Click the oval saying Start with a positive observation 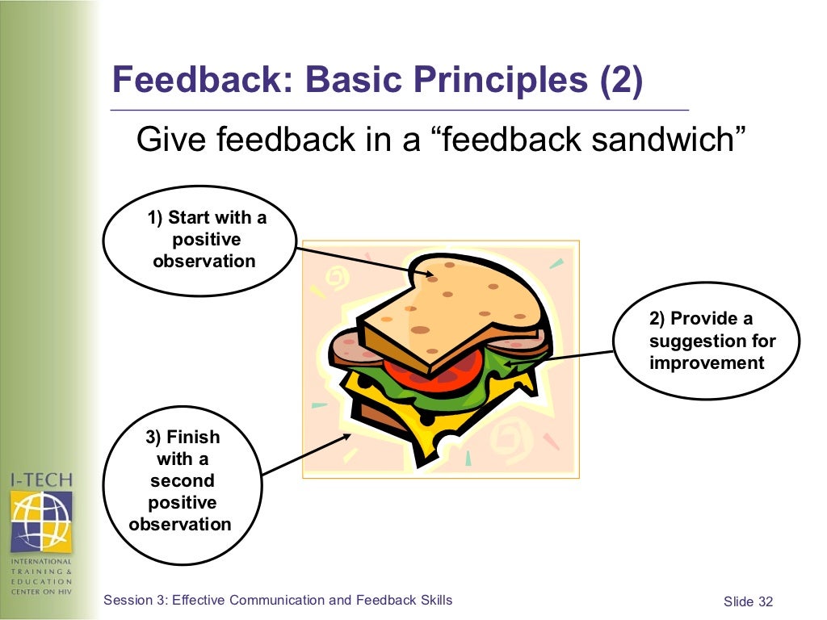pos(199,240)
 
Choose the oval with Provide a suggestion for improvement pos(706,341)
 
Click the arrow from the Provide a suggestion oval pos(557,358)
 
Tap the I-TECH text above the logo pos(41,480)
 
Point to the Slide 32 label pos(748,601)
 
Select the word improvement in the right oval pos(707,363)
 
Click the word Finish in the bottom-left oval pos(192,437)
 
